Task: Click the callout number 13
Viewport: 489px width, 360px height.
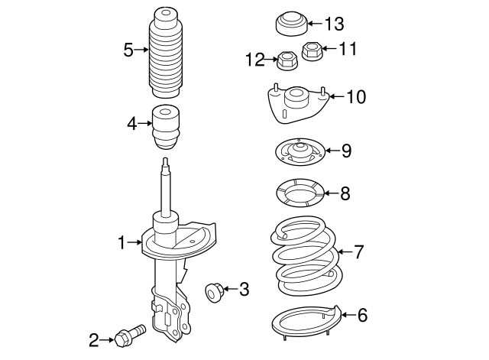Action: (x=335, y=24)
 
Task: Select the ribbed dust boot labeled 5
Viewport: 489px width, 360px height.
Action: (x=166, y=53)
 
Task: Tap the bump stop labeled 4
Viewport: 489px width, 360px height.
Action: (x=167, y=127)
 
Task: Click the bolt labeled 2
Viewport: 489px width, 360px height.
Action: (x=130, y=336)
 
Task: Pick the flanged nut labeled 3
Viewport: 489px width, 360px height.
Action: (x=214, y=292)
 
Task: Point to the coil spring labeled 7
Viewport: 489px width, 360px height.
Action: (x=306, y=256)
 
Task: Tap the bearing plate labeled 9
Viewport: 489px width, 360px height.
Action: (x=300, y=152)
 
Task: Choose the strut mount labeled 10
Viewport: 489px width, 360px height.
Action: (x=298, y=104)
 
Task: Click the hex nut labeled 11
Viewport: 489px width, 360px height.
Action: (x=312, y=52)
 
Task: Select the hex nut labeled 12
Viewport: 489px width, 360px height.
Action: (x=287, y=61)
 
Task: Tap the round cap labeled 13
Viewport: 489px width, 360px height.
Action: (x=292, y=24)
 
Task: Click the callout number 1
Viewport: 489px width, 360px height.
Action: (x=122, y=242)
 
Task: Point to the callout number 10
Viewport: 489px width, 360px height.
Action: (x=356, y=97)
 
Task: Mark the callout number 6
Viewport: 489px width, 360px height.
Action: (x=362, y=315)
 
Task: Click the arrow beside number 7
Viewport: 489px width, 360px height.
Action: (x=345, y=251)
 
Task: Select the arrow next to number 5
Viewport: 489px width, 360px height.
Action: (x=141, y=49)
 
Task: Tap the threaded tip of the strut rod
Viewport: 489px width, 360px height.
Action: (x=166, y=163)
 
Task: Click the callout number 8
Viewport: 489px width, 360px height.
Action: (x=345, y=193)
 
